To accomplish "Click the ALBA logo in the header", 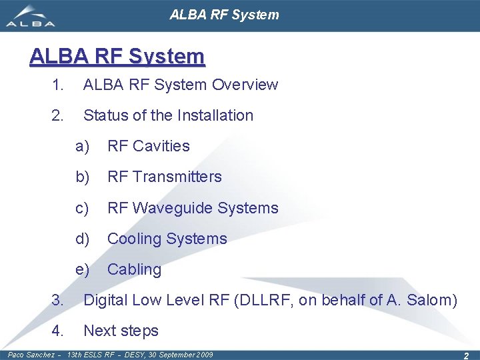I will [31, 16].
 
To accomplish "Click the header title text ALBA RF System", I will [224, 14].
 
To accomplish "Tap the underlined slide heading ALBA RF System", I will [117, 57].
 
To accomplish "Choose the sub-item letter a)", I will [82, 146].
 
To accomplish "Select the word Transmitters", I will [177, 177].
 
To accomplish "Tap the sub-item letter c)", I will [82, 208].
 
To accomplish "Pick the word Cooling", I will [134, 239].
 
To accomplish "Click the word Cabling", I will [134, 270].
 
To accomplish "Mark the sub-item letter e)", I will [82, 270].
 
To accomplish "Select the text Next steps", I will [121, 331].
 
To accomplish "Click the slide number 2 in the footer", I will [466, 356].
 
